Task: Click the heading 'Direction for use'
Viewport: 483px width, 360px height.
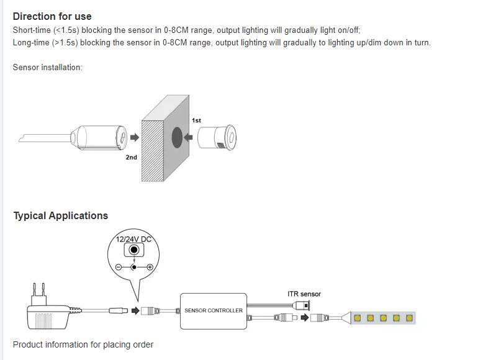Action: tap(52, 16)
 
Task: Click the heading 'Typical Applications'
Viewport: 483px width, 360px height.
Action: tap(61, 215)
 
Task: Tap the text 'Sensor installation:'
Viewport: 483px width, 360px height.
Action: tap(48, 67)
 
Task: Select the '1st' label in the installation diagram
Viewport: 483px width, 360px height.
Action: tap(196, 120)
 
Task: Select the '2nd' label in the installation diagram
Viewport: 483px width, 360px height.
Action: tap(131, 158)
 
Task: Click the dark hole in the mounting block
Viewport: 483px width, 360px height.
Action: tap(177, 137)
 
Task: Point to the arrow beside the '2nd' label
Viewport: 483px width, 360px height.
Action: tap(132, 137)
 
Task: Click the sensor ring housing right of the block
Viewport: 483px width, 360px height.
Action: tap(217, 137)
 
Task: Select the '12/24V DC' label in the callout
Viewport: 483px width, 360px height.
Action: tap(133, 240)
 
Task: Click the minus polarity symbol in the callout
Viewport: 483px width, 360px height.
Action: tap(118, 266)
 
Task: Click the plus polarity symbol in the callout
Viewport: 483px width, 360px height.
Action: tap(150, 266)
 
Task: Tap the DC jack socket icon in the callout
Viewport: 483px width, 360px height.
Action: tap(133, 251)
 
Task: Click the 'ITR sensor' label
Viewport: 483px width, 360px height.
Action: tap(304, 294)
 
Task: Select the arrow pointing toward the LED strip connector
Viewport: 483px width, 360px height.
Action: tap(305, 318)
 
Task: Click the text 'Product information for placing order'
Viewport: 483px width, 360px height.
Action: tap(83, 344)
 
